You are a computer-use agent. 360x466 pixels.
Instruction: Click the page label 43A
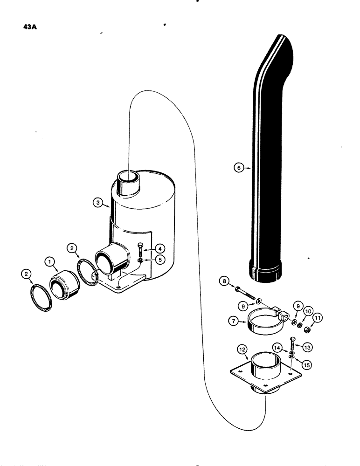[30, 27]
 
